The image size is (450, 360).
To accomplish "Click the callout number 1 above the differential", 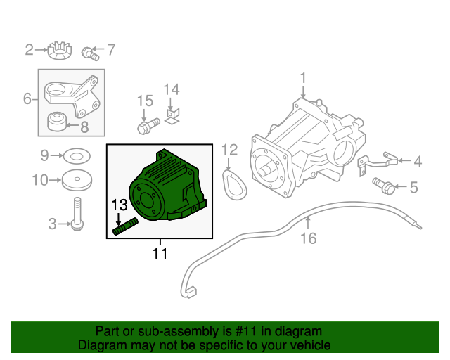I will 303,77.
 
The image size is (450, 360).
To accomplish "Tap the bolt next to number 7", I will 89,51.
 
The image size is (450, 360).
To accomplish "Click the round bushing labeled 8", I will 56,123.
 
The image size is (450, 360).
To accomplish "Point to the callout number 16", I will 309,238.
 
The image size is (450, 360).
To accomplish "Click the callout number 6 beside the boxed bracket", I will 27,99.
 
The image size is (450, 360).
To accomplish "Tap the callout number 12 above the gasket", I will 230,149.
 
